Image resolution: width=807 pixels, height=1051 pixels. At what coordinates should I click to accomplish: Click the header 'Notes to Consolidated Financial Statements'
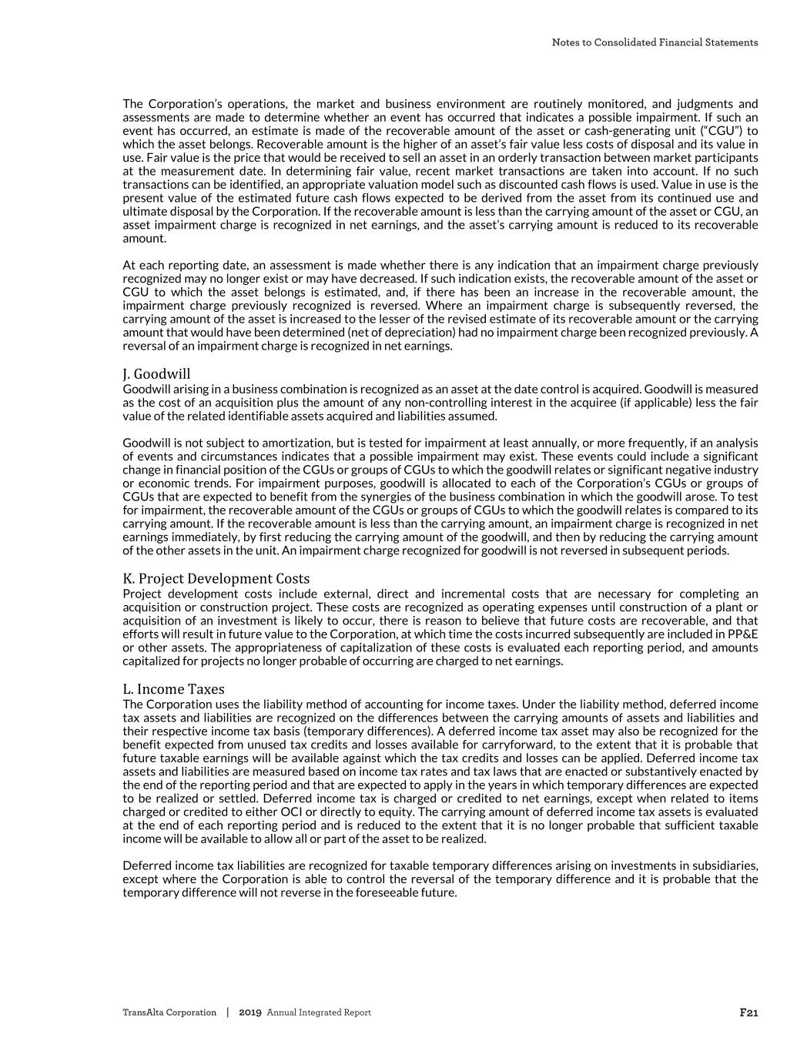[x=655, y=42]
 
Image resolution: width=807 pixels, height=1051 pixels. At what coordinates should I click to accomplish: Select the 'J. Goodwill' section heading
[x=156, y=374]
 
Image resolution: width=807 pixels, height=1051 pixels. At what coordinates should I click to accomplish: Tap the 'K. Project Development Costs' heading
[x=216, y=578]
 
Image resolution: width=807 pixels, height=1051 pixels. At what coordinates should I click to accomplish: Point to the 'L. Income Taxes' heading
[x=173, y=689]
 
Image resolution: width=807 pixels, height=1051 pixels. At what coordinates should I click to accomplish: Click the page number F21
[x=748, y=1013]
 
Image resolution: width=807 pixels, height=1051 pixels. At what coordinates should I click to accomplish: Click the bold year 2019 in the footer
[x=250, y=1013]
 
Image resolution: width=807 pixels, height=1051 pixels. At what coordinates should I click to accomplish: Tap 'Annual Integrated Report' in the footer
[x=319, y=1013]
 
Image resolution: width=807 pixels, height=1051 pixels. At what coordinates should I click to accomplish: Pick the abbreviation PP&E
[x=742, y=634]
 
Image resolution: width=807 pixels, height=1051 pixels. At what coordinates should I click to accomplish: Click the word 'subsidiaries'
[x=728, y=865]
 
